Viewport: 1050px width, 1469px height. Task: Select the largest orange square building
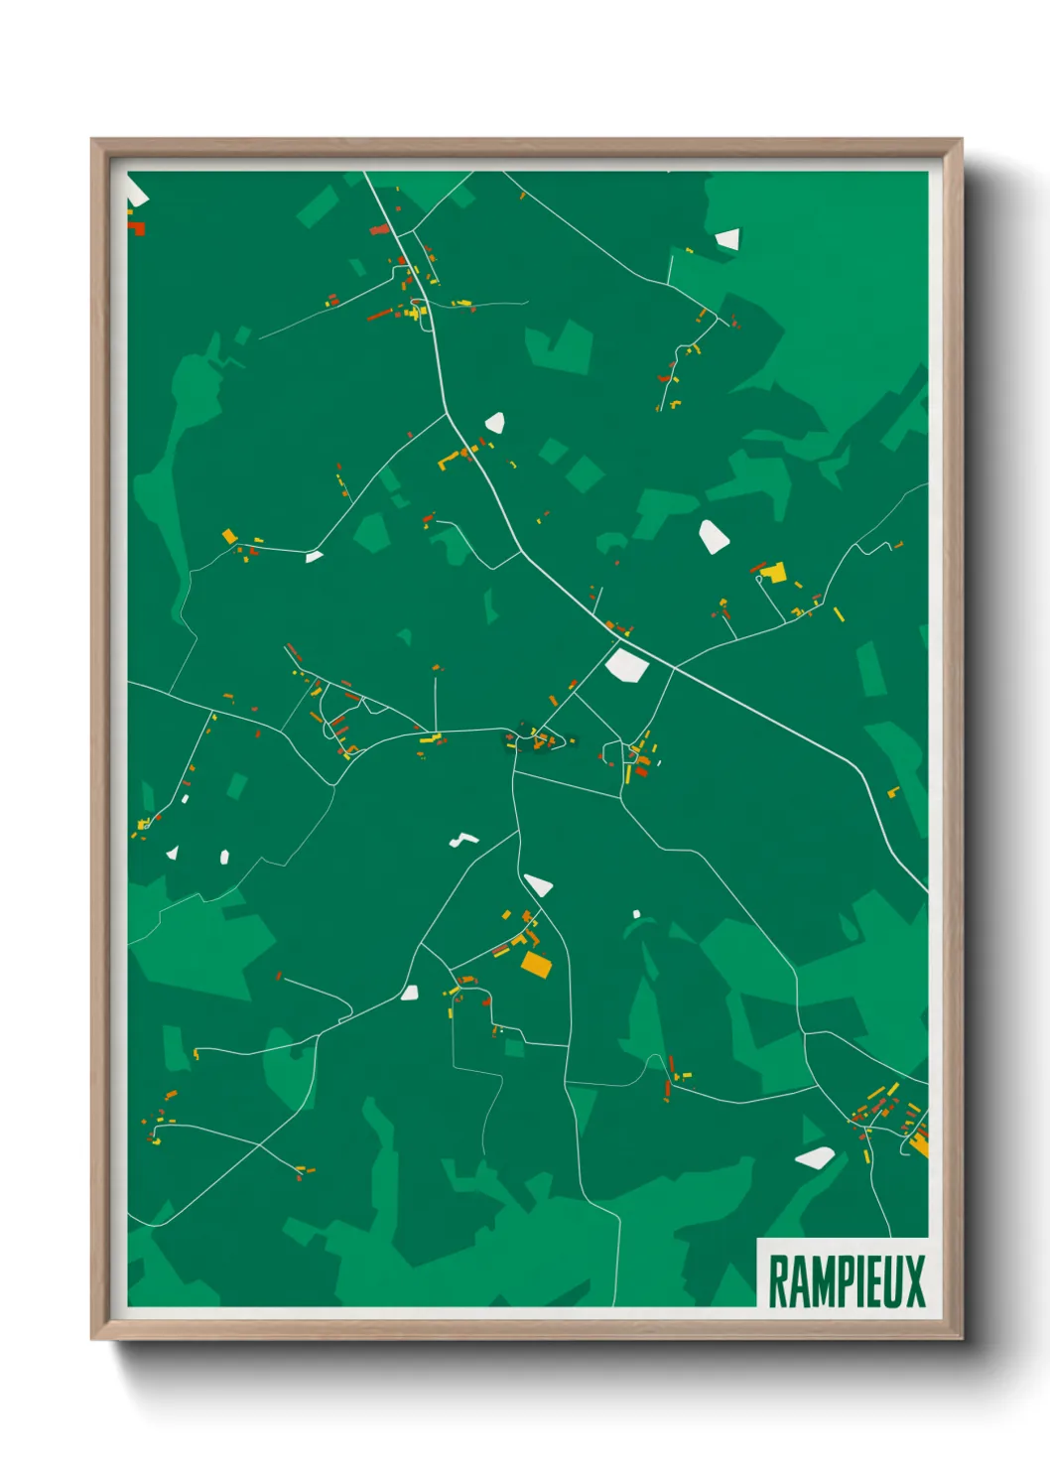pyautogui.click(x=536, y=963)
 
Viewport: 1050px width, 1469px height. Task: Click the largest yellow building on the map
pyautogui.click(x=774, y=573)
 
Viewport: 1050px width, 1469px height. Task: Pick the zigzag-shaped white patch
pyautogui.click(x=462, y=841)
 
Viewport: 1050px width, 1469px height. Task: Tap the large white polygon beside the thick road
pyautogui.click(x=626, y=664)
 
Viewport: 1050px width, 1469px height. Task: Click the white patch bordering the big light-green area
pyautogui.click(x=727, y=239)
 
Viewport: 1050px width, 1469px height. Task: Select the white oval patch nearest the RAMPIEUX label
pyautogui.click(x=815, y=1156)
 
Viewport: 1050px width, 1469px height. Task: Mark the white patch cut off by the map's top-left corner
pyautogui.click(x=135, y=195)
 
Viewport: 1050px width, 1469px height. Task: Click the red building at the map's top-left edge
pyautogui.click(x=137, y=228)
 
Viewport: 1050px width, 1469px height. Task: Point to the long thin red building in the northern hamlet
pyautogui.click(x=380, y=315)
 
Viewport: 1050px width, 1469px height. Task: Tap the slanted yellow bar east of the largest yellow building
pyautogui.click(x=839, y=613)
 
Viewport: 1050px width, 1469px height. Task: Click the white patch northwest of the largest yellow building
pyautogui.click(x=713, y=535)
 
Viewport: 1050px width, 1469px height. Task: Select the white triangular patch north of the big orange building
pyautogui.click(x=538, y=884)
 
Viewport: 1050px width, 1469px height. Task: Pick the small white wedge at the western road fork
pyautogui.click(x=314, y=556)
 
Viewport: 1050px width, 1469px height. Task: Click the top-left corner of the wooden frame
pyautogui.click(x=92, y=140)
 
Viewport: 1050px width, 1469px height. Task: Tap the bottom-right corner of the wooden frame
pyautogui.click(x=961, y=1338)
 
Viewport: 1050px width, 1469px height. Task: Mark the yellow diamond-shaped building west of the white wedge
pyautogui.click(x=229, y=536)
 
